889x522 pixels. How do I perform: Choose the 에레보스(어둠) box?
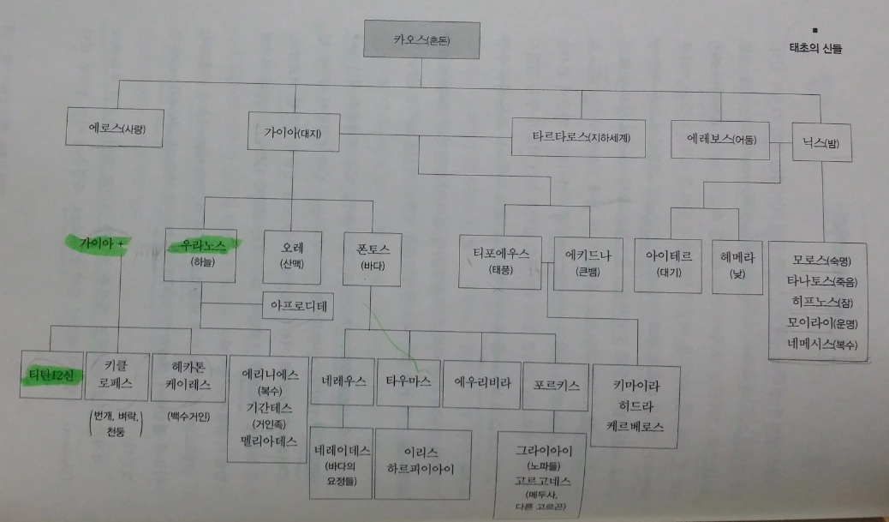[x=718, y=138]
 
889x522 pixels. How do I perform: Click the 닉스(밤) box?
[x=820, y=144]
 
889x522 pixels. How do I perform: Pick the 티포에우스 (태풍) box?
[x=501, y=261]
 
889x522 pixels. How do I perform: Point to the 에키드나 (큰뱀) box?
[x=587, y=262]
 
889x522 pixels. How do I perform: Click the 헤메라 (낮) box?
[x=737, y=264]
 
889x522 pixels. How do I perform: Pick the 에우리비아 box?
[x=476, y=381]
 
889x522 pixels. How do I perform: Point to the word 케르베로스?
[x=635, y=426]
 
